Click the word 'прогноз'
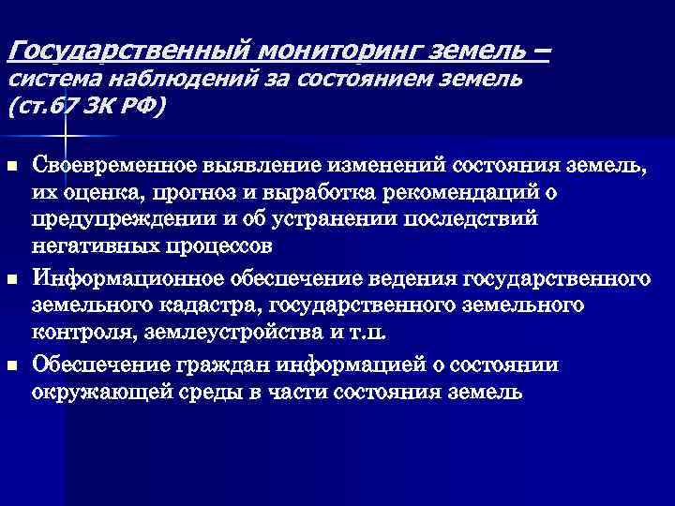[x=213, y=193]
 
